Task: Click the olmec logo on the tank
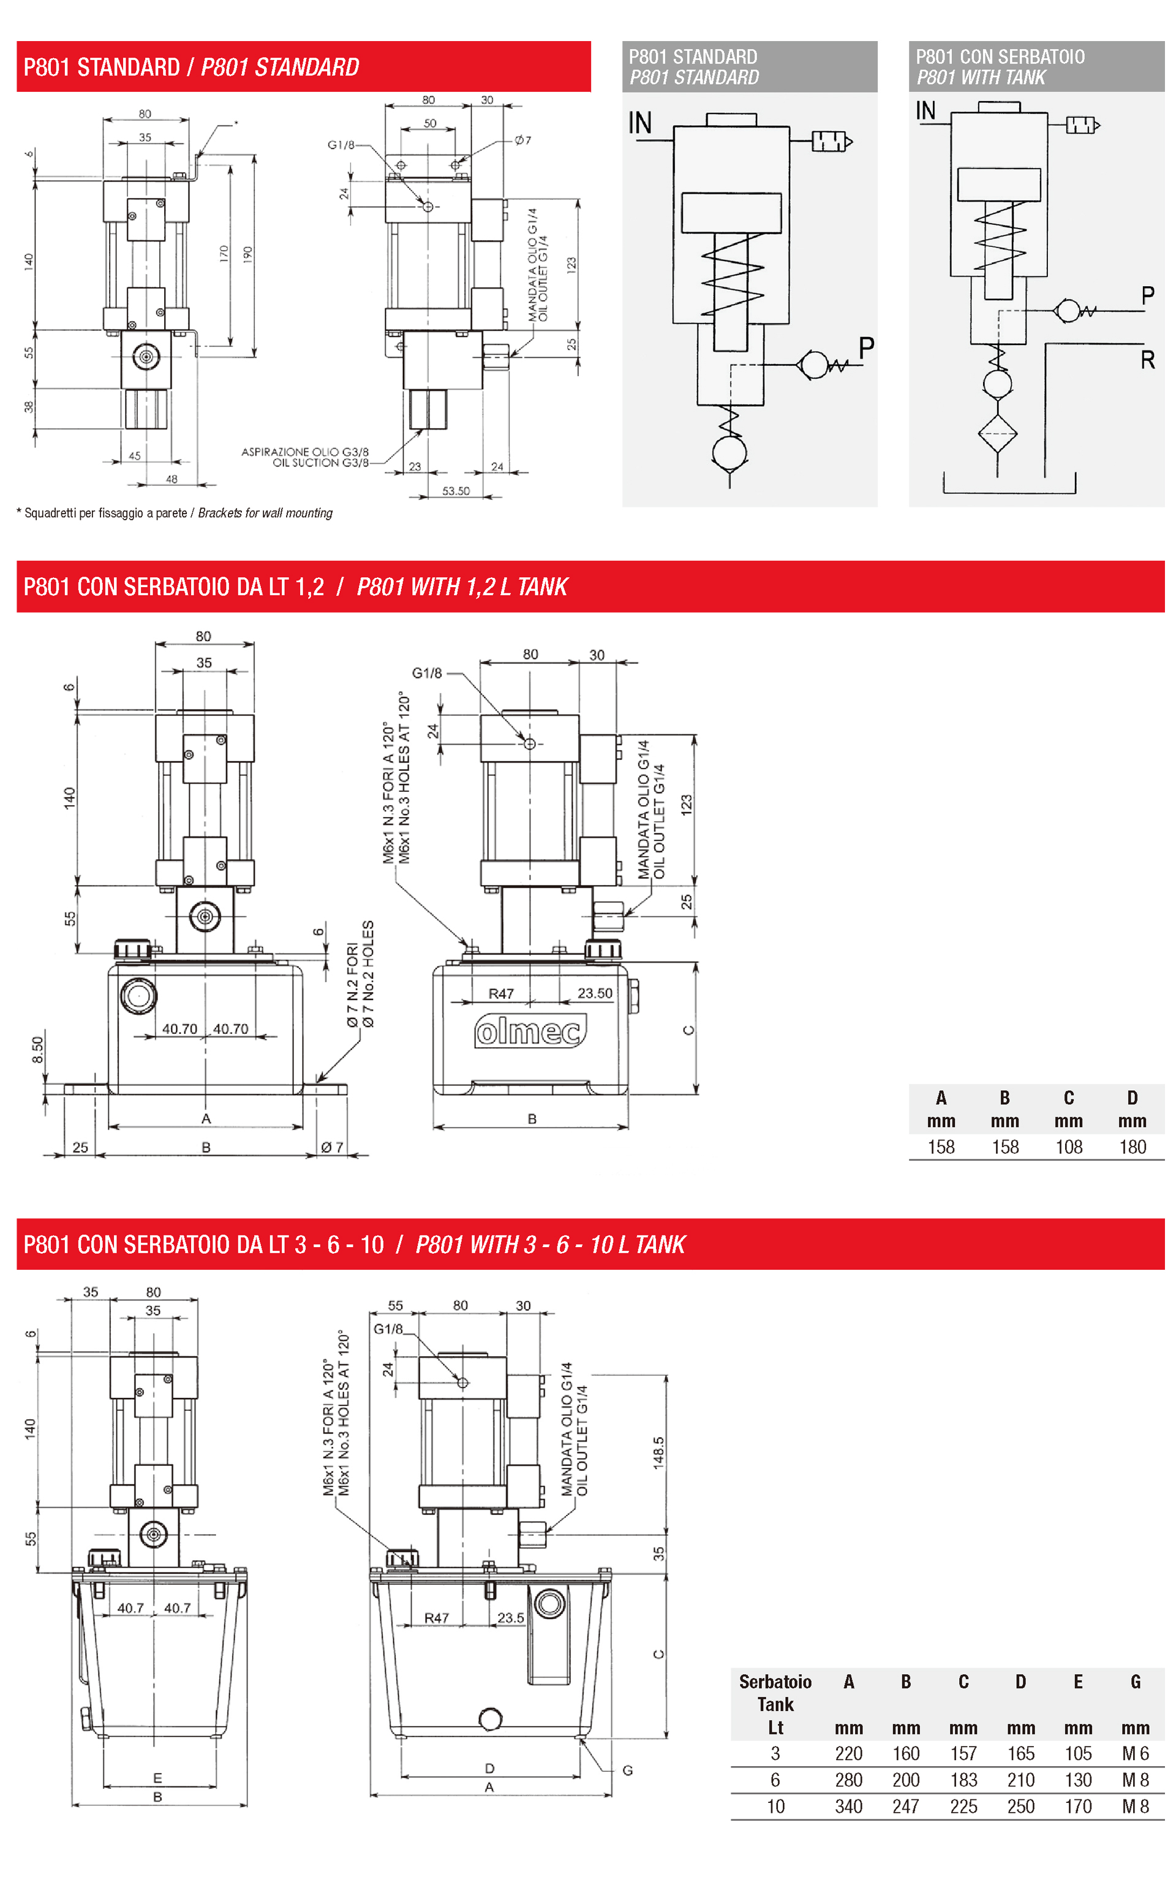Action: click(x=530, y=1031)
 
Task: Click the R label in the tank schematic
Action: click(x=1147, y=360)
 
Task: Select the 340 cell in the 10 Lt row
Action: click(x=848, y=1807)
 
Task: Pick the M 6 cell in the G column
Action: click(x=1135, y=1754)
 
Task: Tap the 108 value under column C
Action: click(x=1069, y=1147)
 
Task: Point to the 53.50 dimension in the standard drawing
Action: click(x=456, y=491)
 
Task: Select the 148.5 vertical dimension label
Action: click(x=658, y=1452)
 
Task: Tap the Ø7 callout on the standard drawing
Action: click(x=522, y=141)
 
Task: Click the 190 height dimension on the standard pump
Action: click(x=247, y=254)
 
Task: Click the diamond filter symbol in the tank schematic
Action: click(x=997, y=433)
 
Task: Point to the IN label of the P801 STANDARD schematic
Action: click(x=639, y=123)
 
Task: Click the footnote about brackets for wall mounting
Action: click(x=174, y=513)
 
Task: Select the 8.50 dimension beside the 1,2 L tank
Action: click(x=37, y=1050)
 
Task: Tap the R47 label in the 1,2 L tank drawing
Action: click(x=501, y=993)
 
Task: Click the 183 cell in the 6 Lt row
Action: click(x=963, y=1780)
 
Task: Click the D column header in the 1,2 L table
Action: click(x=1132, y=1098)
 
